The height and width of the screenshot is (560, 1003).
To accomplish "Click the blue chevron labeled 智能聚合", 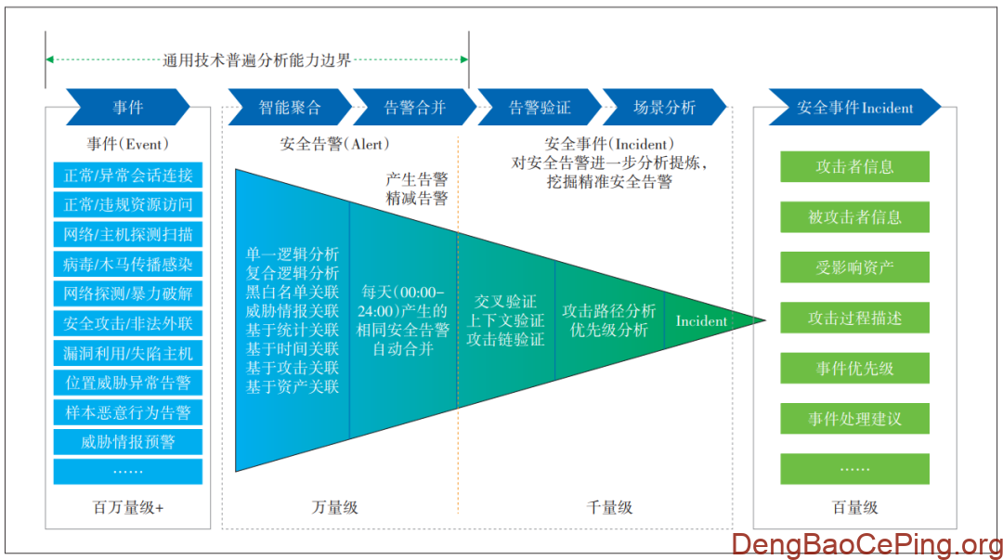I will click(289, 107).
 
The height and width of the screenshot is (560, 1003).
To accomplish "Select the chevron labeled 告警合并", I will click(414, 107).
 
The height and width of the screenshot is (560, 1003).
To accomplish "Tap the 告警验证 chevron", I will click(540, 107).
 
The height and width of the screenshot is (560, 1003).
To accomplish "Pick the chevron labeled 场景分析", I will click(664, 107).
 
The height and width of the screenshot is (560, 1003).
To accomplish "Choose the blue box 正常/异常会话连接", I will click(128, 176).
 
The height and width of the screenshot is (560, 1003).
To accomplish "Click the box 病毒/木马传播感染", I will click(128, 264).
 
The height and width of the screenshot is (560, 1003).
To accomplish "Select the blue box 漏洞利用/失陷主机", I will click(128, 353).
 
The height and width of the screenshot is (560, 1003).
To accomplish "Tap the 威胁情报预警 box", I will click(128, 442).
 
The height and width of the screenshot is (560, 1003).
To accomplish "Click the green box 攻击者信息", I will click(854, 167).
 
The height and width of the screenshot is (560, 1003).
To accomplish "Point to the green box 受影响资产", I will click(854, 267).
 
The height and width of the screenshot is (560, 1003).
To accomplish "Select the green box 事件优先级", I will click(854, 368).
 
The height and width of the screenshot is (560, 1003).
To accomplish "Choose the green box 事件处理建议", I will click(854, 419).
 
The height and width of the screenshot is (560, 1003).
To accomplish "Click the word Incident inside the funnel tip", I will click(701, 321).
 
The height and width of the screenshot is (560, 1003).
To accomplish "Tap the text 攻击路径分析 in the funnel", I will click(608, 310).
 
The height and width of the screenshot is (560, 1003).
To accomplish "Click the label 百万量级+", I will click(128, 507).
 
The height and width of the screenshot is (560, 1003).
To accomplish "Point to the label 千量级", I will click(610, 507).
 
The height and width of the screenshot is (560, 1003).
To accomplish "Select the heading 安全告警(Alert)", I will click(335, 144).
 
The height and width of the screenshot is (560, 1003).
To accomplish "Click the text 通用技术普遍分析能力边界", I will click(257, 60).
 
